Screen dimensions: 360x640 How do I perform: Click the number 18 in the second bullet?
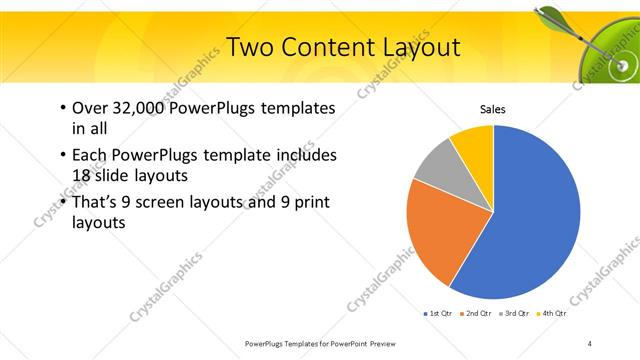(80, 175)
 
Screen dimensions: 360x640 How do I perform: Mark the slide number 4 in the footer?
(590, 343)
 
